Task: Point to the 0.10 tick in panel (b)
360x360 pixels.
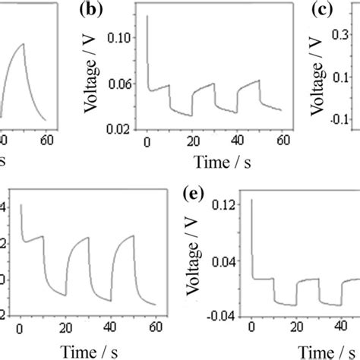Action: pos(125,37)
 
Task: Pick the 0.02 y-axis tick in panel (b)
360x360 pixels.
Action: pos(125,131)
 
